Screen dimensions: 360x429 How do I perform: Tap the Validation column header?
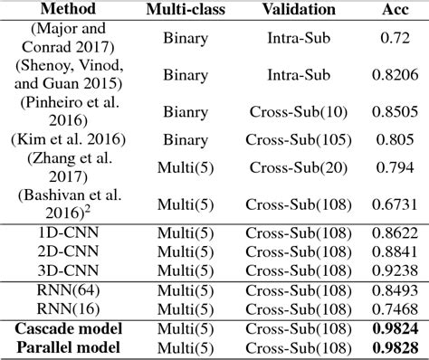296,11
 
